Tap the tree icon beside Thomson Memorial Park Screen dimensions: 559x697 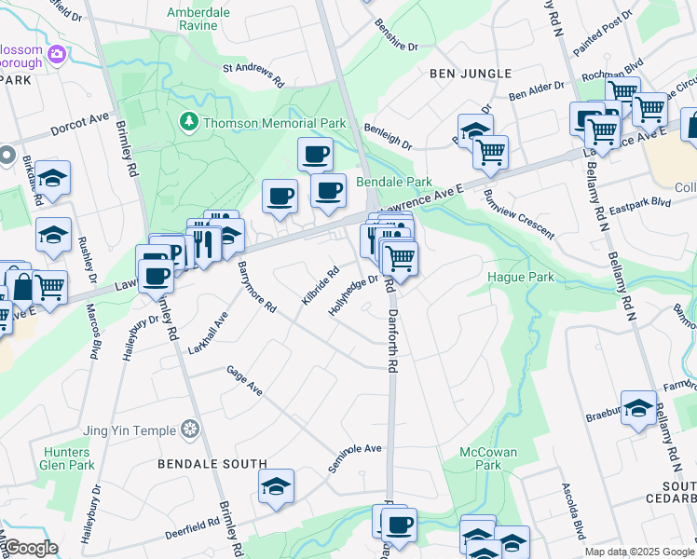188,122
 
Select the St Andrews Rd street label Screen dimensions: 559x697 253,75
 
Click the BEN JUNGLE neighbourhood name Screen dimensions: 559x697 471,74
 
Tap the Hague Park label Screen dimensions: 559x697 521,277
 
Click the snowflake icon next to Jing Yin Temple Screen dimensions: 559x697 190,429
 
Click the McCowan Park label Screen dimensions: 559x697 488,459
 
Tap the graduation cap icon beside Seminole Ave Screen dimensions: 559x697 277,486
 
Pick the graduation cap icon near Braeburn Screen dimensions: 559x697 638,407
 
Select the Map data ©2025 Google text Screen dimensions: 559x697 638,552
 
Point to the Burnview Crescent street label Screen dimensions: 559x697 518,213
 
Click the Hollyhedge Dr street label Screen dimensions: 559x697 353,295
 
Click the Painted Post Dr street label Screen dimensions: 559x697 603,31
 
